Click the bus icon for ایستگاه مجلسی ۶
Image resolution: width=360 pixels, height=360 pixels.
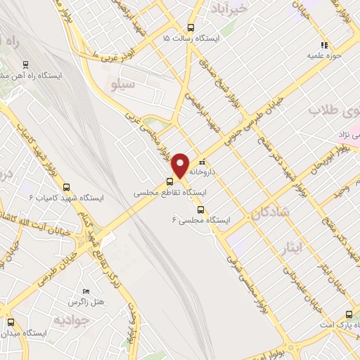200,210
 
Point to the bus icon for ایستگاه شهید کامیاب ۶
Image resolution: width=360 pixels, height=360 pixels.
67,187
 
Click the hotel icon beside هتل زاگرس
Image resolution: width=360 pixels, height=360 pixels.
86,291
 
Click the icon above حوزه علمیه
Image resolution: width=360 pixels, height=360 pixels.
323,44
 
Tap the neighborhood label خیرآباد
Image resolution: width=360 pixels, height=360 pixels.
228,9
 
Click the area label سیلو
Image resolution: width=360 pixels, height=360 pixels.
122,84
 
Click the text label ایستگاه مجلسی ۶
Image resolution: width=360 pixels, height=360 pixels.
201,220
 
